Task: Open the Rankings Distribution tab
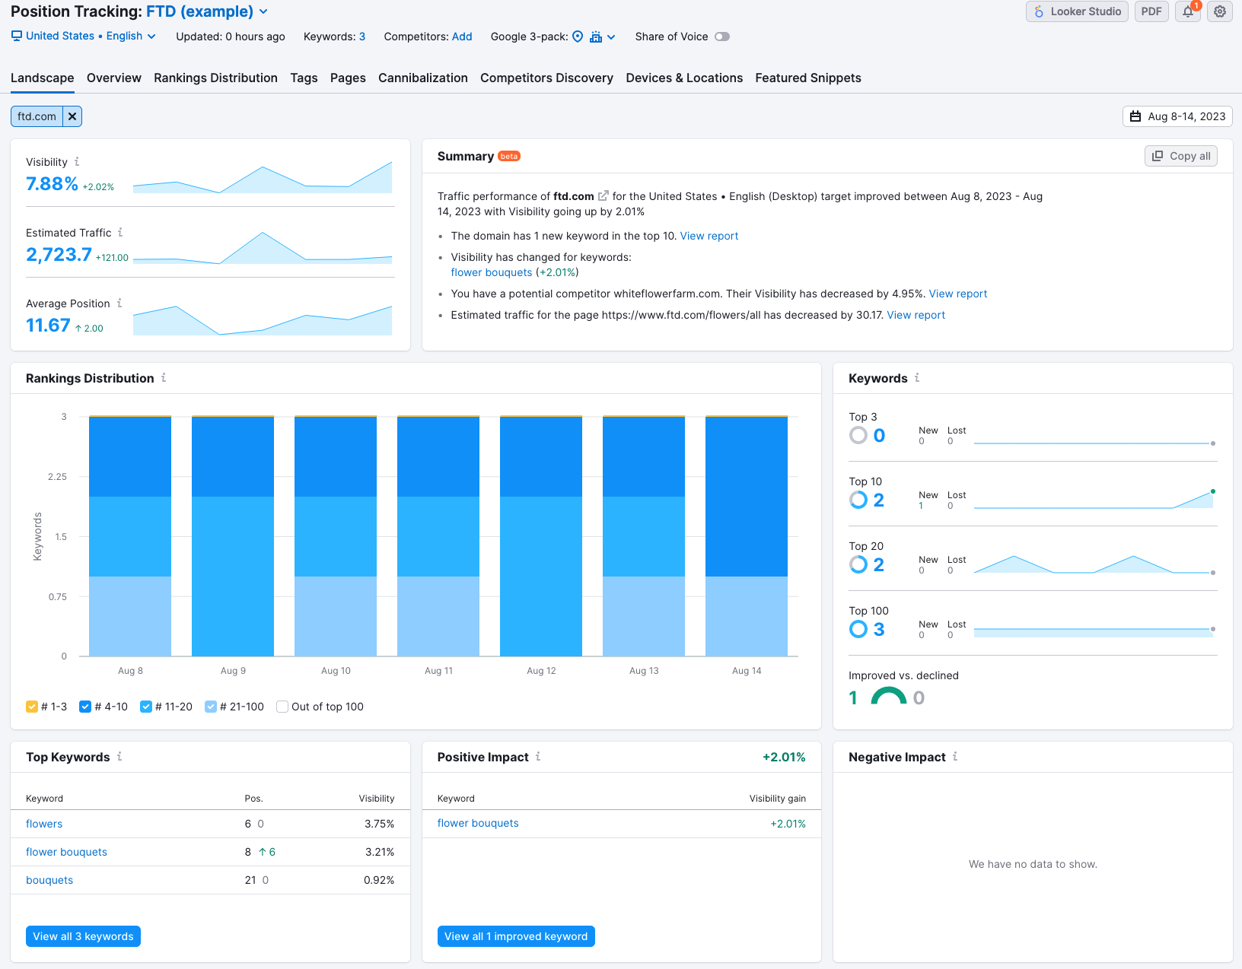215,78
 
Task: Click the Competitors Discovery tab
546,78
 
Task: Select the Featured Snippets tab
807,78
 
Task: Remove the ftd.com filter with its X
72,116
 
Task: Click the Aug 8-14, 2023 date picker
1177,116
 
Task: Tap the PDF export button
1151,11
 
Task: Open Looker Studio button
1077,11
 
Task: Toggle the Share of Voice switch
722,37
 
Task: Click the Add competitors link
462,37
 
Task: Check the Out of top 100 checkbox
282,707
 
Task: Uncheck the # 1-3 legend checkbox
32,707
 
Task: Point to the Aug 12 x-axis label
540,670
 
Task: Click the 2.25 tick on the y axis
57,476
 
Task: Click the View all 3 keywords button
84,936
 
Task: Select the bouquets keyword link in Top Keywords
49,880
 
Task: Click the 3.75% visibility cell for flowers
379,824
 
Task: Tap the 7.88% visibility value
52,184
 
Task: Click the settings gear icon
1220,11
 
